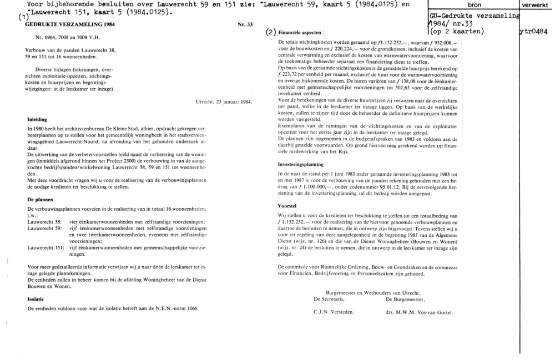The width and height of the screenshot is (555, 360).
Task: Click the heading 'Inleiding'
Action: pyautogui.click(x=38, y=119)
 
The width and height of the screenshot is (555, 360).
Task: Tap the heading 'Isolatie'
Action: pyautogui.click(x=36, y=299)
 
